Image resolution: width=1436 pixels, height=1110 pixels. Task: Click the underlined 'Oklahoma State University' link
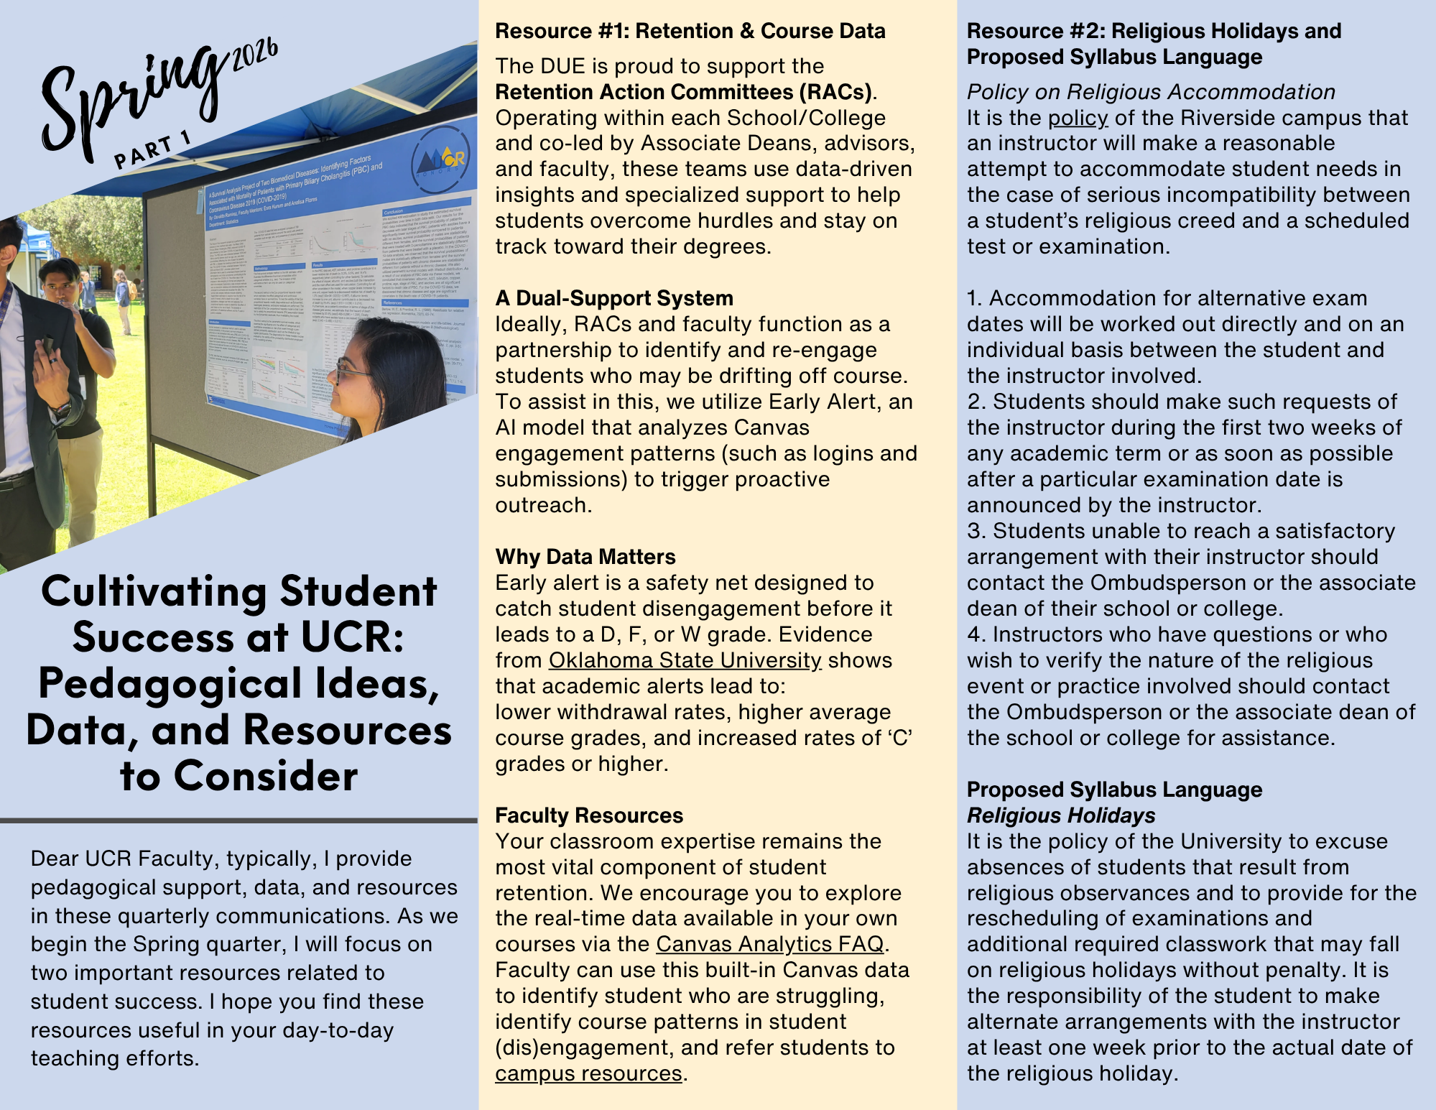685,660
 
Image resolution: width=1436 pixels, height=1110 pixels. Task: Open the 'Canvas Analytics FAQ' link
769,944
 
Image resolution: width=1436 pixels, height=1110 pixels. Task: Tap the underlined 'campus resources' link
588,1073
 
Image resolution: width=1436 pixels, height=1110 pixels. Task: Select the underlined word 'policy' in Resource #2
1078,118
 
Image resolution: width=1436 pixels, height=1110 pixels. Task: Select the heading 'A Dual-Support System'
614,298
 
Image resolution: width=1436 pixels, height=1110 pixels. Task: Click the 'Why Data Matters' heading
585,557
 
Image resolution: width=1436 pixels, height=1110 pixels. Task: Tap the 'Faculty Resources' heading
589,815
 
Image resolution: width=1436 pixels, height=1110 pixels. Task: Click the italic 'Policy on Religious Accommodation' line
1151,92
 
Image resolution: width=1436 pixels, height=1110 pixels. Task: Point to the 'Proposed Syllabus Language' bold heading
1114,790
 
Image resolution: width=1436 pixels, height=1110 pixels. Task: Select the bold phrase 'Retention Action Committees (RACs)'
683,92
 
